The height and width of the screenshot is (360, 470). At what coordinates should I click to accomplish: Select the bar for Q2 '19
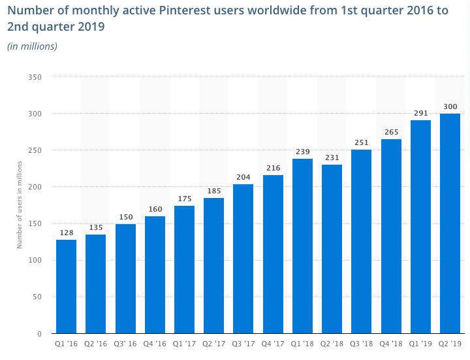[x=450, y=223]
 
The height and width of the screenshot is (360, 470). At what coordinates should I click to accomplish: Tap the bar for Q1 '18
[x=302, y=246]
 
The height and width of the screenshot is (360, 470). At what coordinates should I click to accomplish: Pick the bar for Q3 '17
[x=243, y=259]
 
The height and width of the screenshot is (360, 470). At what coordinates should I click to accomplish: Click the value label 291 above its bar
[x=420, y=113]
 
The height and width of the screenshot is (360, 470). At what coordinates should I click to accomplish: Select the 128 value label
[x=66, y=233]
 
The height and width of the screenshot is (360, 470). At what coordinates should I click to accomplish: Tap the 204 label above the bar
[x=243, y=177]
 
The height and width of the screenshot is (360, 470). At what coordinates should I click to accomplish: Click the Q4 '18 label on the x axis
[x=390, y=343]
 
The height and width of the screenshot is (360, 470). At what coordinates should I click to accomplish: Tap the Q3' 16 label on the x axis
[x=125, y=343]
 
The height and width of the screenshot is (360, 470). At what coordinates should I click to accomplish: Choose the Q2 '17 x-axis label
[x=213, y=343]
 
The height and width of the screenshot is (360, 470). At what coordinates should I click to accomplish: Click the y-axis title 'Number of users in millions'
[x=20, y=205]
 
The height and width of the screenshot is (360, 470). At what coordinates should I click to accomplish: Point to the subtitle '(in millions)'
[x=33, y=46]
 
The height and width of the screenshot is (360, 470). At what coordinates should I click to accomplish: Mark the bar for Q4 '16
[x=155, y=274]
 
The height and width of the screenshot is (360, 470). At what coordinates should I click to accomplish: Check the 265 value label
[x=391, y=132]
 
